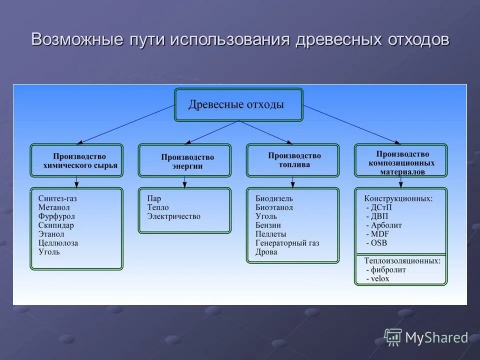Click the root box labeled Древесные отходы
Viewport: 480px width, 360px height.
pyautogui.click(x=238, y=105)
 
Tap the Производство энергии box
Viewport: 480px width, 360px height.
pyautogui.click(x=184, y=160)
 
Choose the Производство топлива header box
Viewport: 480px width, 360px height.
pyautogui.click(x=292, y=160)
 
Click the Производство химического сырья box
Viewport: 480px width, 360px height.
pyautogui.click(x=76, y=160)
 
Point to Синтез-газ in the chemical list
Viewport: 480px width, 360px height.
pyautogui.click(x=57, y=198)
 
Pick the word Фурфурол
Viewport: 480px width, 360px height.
pyautogui.click(x=56, y=216)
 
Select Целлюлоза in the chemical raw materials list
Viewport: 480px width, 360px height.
pyautogui.click(x=58, y=243)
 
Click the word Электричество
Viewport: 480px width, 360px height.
pyautogui.click(x=173, y=216)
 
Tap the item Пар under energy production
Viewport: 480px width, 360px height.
pyautogui.click(x=153, y=198)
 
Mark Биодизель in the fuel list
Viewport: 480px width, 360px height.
pyautogui.click(x=274, y=198)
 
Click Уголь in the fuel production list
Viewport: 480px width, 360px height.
pyautogui.click(x=266, y=216)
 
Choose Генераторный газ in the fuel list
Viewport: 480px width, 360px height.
pyautogui.click(x=287, y=243)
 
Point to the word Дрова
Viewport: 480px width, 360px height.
pyautogui.click(x=266, y=252)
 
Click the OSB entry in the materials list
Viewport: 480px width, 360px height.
pyautogui.click(x=378, y=243)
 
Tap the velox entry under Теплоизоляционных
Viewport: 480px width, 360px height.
pyautogui.click(x=379, y=278)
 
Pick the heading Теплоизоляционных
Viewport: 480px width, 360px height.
pyautogui.click(x=402, y=260)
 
